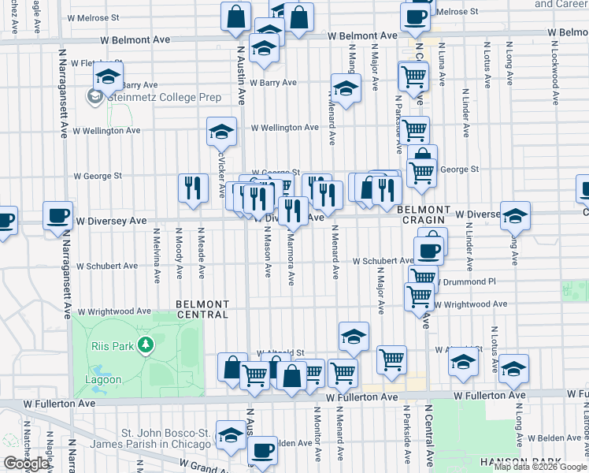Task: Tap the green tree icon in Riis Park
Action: [x=144, y=345]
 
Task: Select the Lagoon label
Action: [x=103, y=379]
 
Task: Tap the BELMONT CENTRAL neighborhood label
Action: [x=202, y=309]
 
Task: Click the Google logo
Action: [x=26, y=464]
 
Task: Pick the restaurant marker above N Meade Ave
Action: [x=193, y=188]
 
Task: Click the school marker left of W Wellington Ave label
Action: [x=222, y=131]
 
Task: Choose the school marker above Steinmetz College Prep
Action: [x=107, y=76]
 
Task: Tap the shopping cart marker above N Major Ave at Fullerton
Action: [x=391, y=359]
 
